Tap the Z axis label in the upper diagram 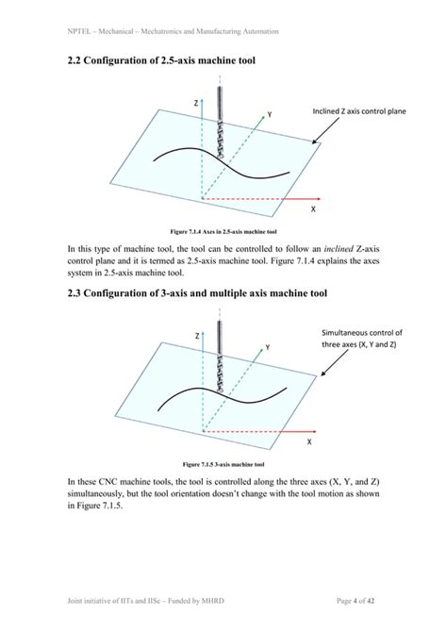[x=195, y=101]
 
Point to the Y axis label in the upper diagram [x=270, y=113]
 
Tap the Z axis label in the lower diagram [x=196, y=336]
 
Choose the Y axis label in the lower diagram [x=267, y=347]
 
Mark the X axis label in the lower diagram [x=309, y=442]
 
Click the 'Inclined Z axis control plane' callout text [x=359, y=111]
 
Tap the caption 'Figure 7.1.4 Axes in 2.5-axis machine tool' [x=223, y=230]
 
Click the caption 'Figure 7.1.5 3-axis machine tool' [x=223, y=464]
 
